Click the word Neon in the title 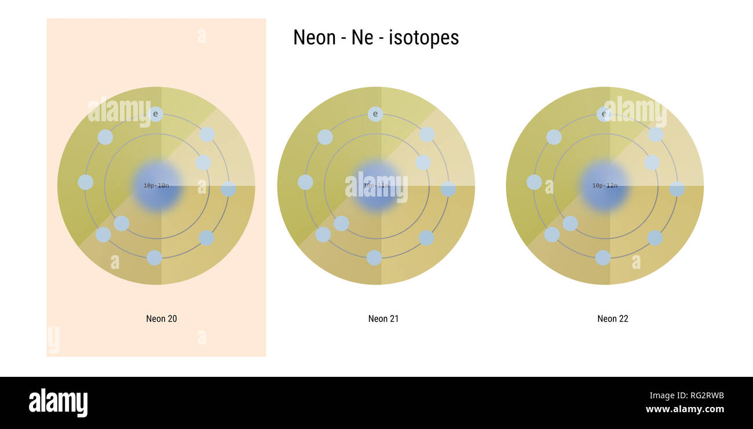tap(314, 38)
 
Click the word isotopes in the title tap(424, 38)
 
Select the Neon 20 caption tap(162, 319)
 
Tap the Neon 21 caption tap(383, 319)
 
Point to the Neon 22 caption tap(613, 319)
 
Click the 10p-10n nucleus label tap(156, 186)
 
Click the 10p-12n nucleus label tap(605, 186)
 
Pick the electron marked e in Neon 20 tap(155, 114)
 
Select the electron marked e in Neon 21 tap(375, 114)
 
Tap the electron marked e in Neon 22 tap(604, 114)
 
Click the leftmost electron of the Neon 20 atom tap(86, 182)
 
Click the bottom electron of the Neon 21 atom tap(374, 258)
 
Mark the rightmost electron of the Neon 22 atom tap(677, 189)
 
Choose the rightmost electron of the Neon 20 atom tap(228, 189)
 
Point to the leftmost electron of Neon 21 tap(305, 182)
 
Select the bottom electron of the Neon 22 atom tap(603, 258)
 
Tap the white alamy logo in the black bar tap(58, 403)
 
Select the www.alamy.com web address tap(685, 409)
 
